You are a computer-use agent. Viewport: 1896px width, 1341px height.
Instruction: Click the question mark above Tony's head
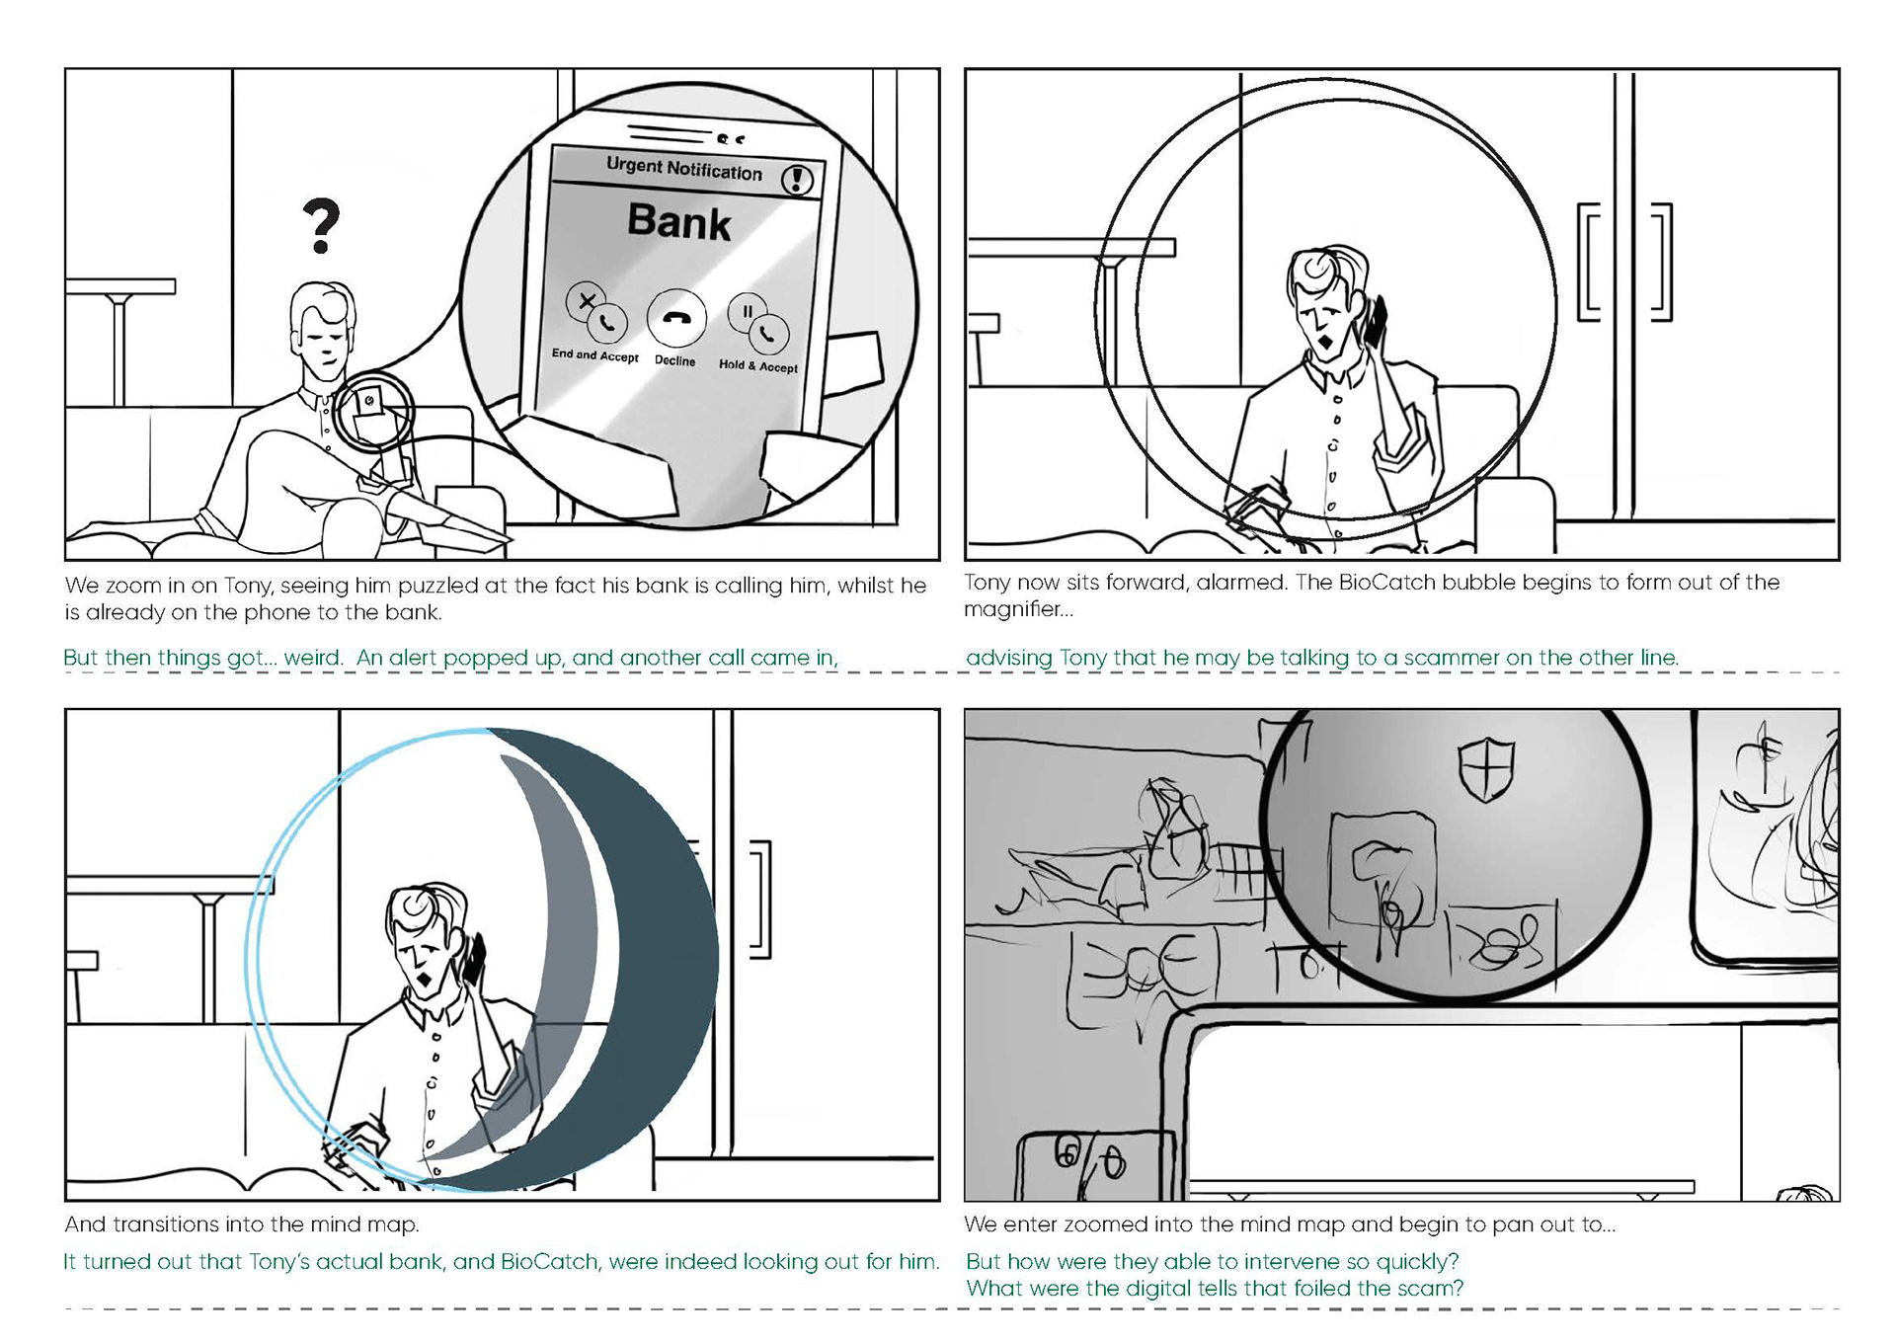[x=322, y=226]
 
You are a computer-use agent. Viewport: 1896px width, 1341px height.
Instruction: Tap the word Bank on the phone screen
[x=679, y=221]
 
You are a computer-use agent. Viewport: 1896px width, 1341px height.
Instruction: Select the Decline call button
[x=676, y=318]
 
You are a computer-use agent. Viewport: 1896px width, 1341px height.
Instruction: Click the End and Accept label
[x=595, y=355]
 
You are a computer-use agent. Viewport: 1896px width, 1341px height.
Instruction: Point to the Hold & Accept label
[x=758, y=365]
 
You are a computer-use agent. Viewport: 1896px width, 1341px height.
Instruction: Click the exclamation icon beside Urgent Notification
[x=797, y=179]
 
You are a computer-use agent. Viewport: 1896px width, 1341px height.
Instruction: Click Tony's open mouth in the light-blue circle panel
[x=425, y=981]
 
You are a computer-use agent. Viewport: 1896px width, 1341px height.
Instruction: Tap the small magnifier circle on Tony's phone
[x=373, y=411]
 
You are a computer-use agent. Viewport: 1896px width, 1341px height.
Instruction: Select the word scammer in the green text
[x=1451, y=658]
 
